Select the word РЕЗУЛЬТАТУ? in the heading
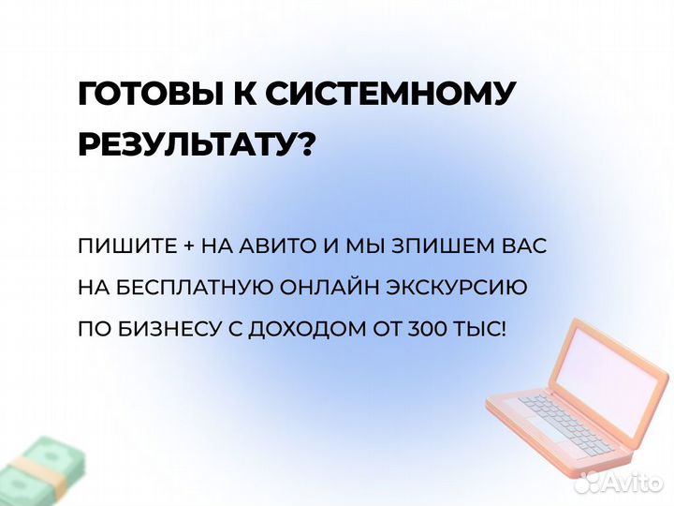(196, 145)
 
